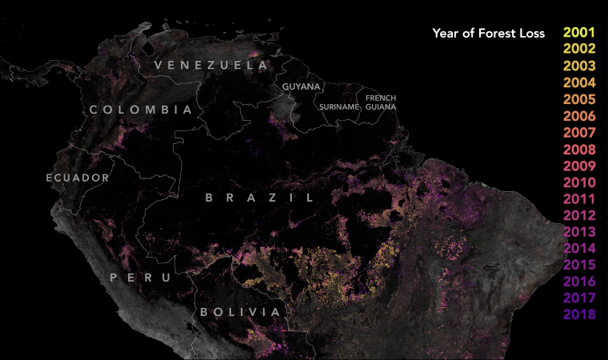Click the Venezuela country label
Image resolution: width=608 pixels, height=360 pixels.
click(211, 64)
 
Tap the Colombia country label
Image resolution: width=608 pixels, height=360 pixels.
click(141, 110)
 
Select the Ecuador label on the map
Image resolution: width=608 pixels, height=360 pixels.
click(78, 177)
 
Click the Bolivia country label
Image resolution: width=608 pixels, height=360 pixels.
click(240, 311)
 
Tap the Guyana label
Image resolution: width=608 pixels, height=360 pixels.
click(301, 86)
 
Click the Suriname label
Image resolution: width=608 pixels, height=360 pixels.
click(337, 106)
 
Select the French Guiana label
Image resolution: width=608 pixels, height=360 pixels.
click(381, 102)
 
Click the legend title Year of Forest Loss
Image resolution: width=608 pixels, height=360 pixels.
click(488, 33)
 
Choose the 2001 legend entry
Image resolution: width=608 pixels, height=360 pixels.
click(579, 33)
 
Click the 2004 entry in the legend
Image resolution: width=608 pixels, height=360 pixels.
click(579, 82)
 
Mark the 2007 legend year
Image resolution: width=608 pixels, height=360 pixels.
click(579, 132)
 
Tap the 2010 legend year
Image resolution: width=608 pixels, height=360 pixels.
click(579, 182)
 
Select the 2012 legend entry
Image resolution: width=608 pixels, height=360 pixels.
click(579, 215)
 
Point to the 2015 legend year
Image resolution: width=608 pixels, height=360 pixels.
click(579, 265)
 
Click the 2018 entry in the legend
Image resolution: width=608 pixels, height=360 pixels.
click(579, 314)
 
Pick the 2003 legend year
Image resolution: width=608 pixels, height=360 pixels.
click(579, 66)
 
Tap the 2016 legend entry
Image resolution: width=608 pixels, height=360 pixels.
click(579, 282)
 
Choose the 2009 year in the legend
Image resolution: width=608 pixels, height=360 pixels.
click(579, 166)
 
